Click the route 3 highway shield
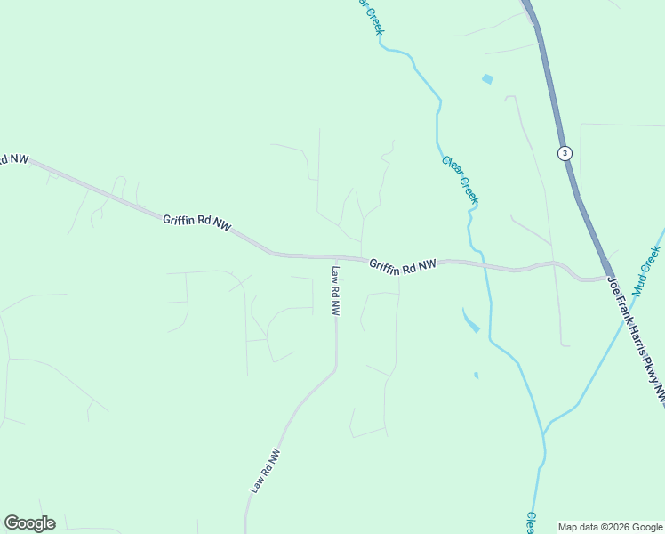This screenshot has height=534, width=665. (x=565, y=153)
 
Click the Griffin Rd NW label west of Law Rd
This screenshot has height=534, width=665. (x=196, y=222)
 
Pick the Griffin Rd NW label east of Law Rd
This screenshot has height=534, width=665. (x=403, y=265)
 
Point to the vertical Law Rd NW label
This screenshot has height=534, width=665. (x=335, y=291)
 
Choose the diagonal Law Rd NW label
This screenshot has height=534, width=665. (x=265, y=471)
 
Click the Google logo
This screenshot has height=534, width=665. (x=29, y=523)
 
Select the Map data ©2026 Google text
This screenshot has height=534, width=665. (x=609, y=527)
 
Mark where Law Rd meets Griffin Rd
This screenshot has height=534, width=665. (x=336, y=258)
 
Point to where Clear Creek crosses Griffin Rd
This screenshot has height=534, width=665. (x=485, y=264)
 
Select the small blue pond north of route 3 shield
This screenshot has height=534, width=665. (x=487, y=79)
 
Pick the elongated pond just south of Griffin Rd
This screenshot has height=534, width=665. (x=470, y=320)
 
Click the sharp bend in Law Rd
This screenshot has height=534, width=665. (x=335, y=368)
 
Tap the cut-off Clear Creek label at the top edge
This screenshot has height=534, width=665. (x=371, y=16)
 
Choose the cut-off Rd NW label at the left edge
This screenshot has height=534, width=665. (x=13, y=159)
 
